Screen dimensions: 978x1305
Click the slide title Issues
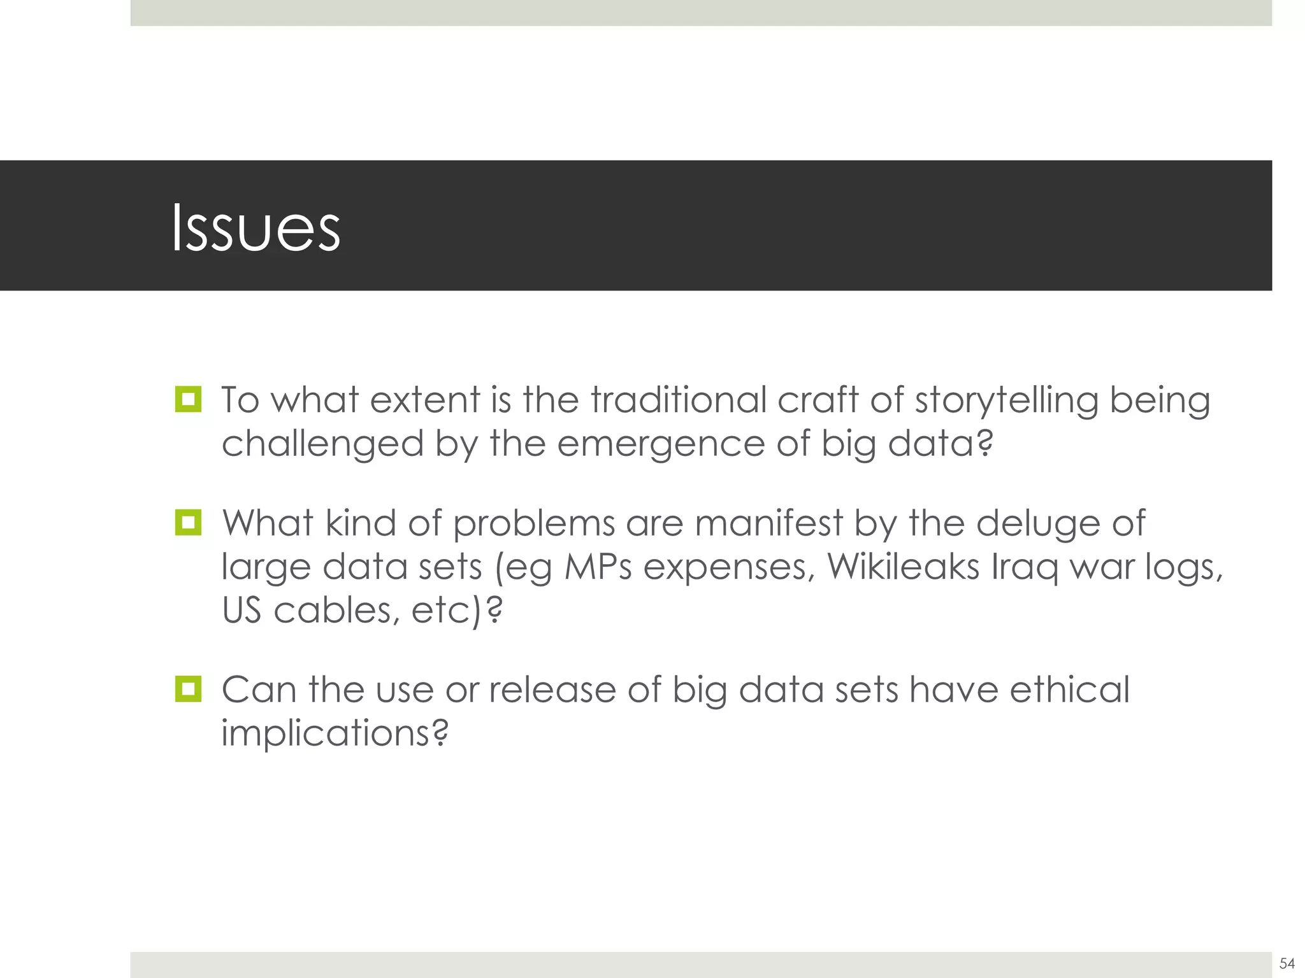point(256,228)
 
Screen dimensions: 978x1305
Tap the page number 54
point(1287,963)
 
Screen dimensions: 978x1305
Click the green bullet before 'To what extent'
point(188,399)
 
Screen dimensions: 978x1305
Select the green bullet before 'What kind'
point(188,522)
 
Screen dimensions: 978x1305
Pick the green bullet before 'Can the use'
point(188,689)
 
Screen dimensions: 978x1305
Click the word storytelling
point(1007,401)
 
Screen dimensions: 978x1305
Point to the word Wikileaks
point(903,566)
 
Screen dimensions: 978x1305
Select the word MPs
point(598,566)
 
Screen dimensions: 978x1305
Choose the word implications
point(335,733)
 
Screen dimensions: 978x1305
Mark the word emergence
point(661,444)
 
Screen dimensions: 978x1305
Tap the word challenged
point(322,444)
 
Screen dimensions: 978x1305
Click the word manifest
point(768,523)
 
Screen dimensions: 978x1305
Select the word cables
point(336,610)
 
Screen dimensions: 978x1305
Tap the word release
point(552,690)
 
